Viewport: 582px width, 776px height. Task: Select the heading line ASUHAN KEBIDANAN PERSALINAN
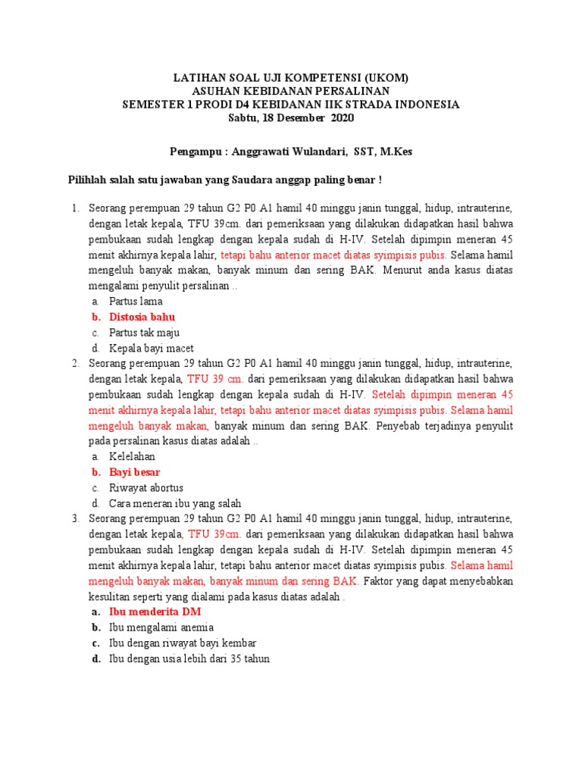click(x=291, y=91)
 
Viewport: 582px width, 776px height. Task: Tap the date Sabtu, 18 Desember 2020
click(x=291, y=118)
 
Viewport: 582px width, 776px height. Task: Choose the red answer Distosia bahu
click(x=142, y=317)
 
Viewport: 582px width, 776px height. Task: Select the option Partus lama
click(x=136, y=301)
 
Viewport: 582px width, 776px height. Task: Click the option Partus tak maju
click(x=144, y=333)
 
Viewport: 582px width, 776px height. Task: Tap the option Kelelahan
click(x=132, y=456)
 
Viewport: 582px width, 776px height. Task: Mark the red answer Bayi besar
click(x=134, y=472)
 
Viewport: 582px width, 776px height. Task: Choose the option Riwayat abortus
click(x=146, y=488)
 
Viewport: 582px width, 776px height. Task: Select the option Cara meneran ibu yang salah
click(x=175, y=504)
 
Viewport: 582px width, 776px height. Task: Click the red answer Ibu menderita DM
click(x=155, y=612)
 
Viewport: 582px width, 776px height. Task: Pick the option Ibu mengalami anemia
click(x=161, y=627)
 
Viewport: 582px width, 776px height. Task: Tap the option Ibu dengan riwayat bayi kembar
click(x=177, y=643)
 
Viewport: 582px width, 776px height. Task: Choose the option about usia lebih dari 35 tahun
click(x=189, y=659)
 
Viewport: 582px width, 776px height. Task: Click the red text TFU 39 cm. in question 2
click(x=215, y=379)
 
